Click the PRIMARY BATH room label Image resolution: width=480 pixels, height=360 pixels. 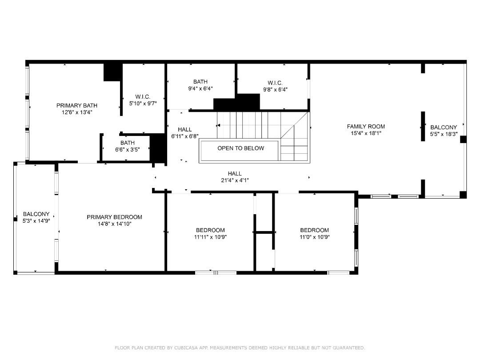(x=76, y=105)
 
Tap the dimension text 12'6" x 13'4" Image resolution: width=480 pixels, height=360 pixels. (x=76, y=112)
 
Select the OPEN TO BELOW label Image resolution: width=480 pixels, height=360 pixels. (x=240, y=148)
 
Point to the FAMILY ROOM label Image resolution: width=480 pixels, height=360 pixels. (x=366, y=127)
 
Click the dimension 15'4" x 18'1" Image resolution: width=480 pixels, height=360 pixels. (x=366, y=133)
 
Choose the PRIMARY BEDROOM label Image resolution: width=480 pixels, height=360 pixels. (x=114, y=217)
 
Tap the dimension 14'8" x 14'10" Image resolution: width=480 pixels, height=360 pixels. (x=114, y=224)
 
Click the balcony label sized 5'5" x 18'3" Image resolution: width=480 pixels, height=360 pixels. (x=443, y=128)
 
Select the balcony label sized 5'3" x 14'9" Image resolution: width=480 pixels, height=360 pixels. (x=36, y=214)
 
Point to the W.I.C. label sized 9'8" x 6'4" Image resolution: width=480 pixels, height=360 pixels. (x=275, y=83)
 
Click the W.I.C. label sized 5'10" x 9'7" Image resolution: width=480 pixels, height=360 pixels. (x=143, y=97)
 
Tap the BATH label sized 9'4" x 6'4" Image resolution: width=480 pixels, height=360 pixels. (x=200, y=82)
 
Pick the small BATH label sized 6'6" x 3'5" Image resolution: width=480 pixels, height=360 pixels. (x=127, y=143)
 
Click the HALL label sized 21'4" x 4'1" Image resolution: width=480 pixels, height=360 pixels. (x=235, y=174)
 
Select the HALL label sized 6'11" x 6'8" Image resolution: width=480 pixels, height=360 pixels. (x=184, y=130)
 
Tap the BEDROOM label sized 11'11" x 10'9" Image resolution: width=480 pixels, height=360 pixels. (x=210, y=230)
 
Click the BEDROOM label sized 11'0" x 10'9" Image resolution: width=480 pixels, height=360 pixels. (x=314, y=230)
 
